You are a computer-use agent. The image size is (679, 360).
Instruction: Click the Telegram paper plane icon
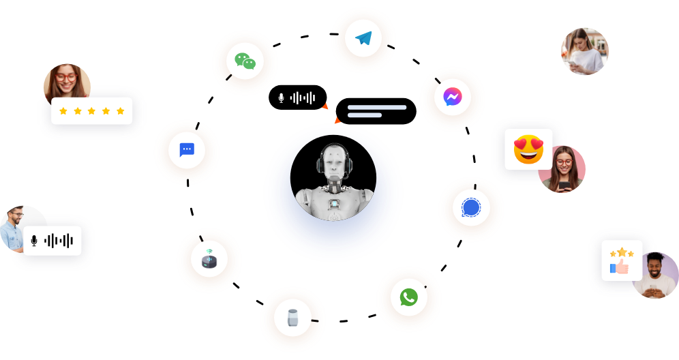363,39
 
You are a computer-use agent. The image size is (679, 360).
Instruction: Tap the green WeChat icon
245,62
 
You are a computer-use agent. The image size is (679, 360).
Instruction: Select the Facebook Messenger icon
452,97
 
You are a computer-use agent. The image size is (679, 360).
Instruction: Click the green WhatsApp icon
408,297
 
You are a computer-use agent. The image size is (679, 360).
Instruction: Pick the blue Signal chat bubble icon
471,208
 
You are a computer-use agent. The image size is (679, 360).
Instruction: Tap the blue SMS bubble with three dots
187,150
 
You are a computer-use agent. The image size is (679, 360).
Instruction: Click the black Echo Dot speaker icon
209,260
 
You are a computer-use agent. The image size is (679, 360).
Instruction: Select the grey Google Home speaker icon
292,318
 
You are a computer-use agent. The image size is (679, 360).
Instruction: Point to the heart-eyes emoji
528,149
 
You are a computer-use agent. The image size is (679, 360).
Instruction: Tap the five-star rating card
92,110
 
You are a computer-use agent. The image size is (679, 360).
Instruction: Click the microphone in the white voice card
34,241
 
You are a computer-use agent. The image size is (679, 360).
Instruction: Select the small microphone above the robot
281,98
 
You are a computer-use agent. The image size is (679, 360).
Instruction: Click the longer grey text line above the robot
376,107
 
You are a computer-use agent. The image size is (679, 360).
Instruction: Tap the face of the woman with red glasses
66,77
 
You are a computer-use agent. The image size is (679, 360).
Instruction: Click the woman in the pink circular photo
563,168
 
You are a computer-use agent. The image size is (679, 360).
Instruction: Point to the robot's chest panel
334,204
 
